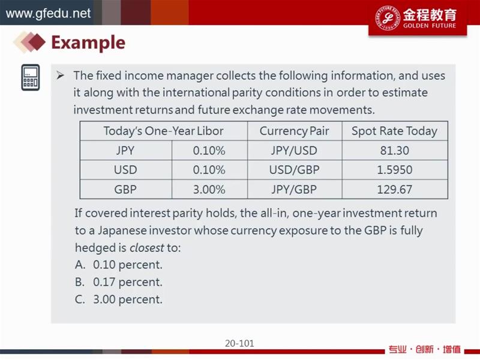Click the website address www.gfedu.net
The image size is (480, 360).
pos(48,13)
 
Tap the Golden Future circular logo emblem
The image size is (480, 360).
pos(388,18)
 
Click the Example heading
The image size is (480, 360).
pos(88,43)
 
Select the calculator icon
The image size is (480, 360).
pos(31,77)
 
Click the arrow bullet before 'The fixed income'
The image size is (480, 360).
pos(61,76)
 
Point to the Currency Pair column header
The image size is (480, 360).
pos(294,131)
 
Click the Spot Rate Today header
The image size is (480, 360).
pos(394,131)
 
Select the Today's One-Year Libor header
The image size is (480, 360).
pos(163,131)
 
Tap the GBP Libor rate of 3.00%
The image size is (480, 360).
pos(209,190)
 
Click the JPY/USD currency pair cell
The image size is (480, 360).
pos(294,151)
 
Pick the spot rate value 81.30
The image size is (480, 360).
pos(395,151)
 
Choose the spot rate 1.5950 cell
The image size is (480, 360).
pos(395,170)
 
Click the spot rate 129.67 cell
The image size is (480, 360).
pos(395,190)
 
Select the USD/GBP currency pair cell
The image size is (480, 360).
pos(294,170)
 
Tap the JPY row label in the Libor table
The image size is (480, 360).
pos(125,151)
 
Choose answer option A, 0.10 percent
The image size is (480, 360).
pos(118,265)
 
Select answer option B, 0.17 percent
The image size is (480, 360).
pos(118,282)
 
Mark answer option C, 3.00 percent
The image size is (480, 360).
pos(118,299)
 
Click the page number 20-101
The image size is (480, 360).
pos(239,343)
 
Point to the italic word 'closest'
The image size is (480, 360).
pos(147,248)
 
